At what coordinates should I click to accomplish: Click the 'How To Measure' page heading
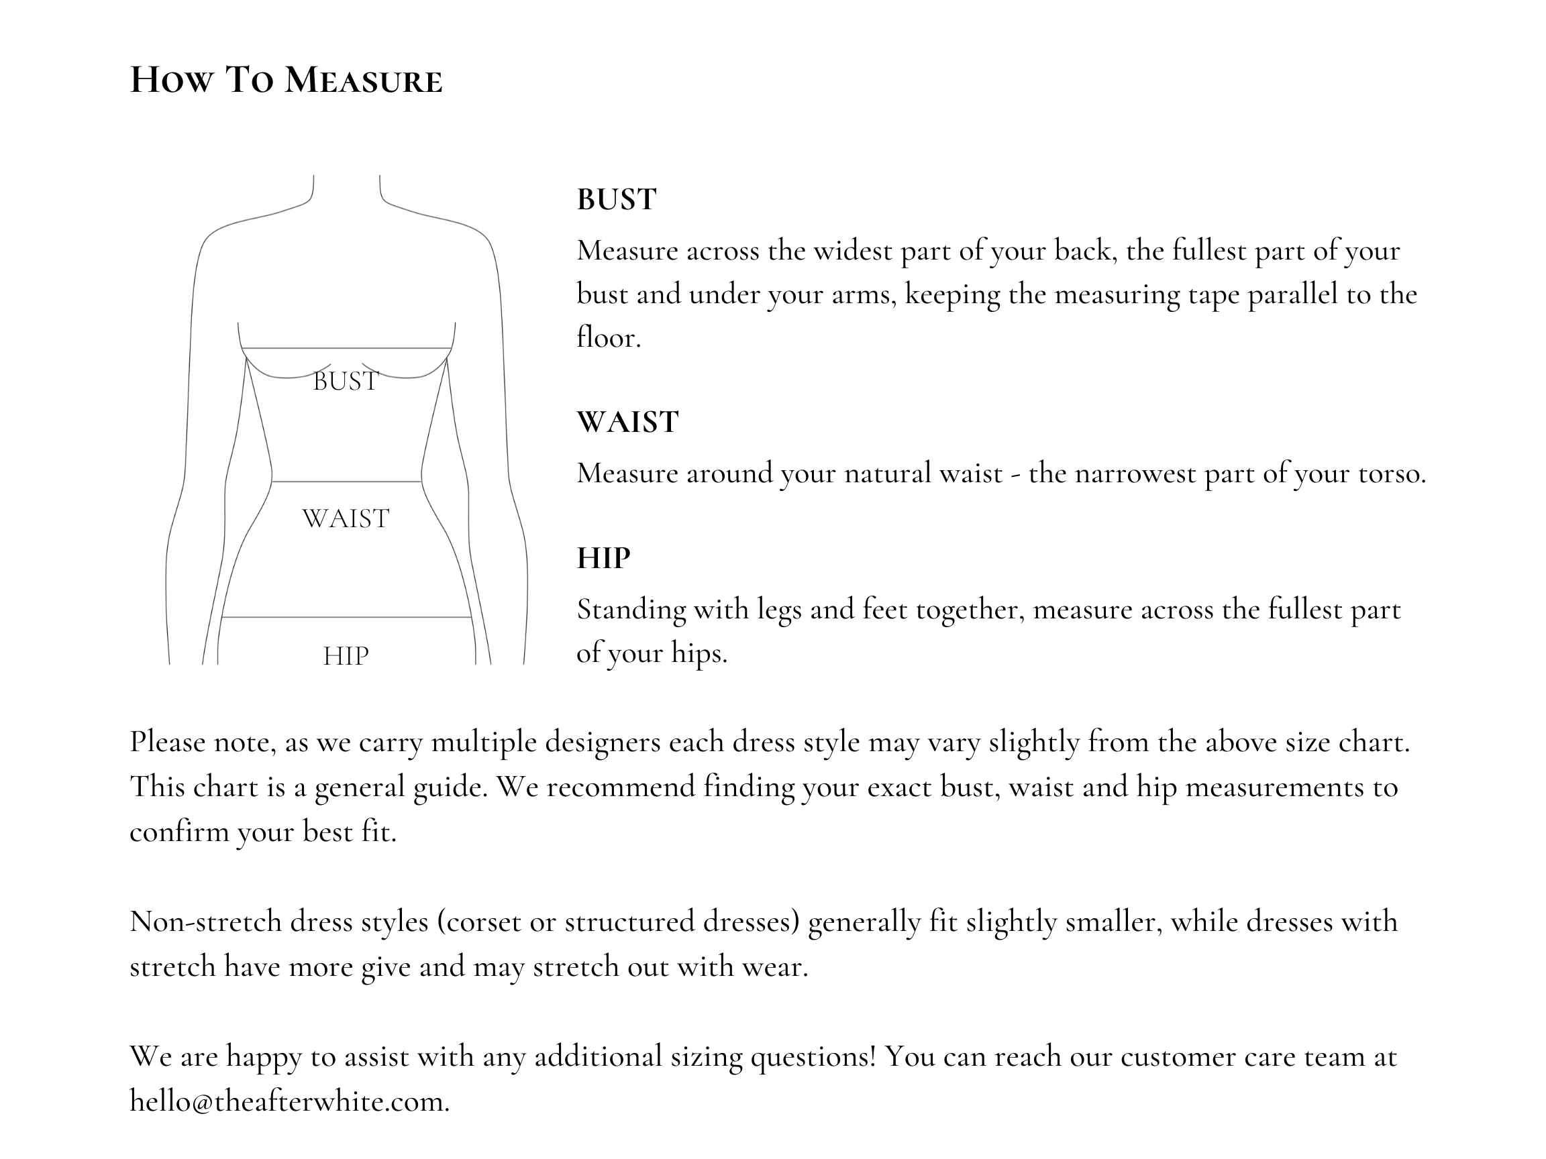[286, 80]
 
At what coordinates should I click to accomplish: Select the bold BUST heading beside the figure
[617, 200]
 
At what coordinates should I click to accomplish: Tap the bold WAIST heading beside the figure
[627, 422]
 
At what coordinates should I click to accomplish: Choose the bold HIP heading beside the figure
[603, 558]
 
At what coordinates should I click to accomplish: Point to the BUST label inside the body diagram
[346, 382]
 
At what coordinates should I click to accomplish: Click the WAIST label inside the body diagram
[346, 519]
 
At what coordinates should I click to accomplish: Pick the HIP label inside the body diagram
[346, 656]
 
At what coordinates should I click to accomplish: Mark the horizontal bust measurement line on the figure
[346, 348]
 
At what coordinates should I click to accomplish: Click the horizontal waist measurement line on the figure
[346, 482]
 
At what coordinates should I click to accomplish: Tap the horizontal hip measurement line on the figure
[346, 618]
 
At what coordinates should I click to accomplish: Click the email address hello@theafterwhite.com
[289, 1101]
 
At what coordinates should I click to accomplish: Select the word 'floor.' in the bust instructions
[608, 337]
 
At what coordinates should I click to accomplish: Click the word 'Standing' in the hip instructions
[631, 610]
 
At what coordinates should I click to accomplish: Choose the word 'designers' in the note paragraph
[603, 742]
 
